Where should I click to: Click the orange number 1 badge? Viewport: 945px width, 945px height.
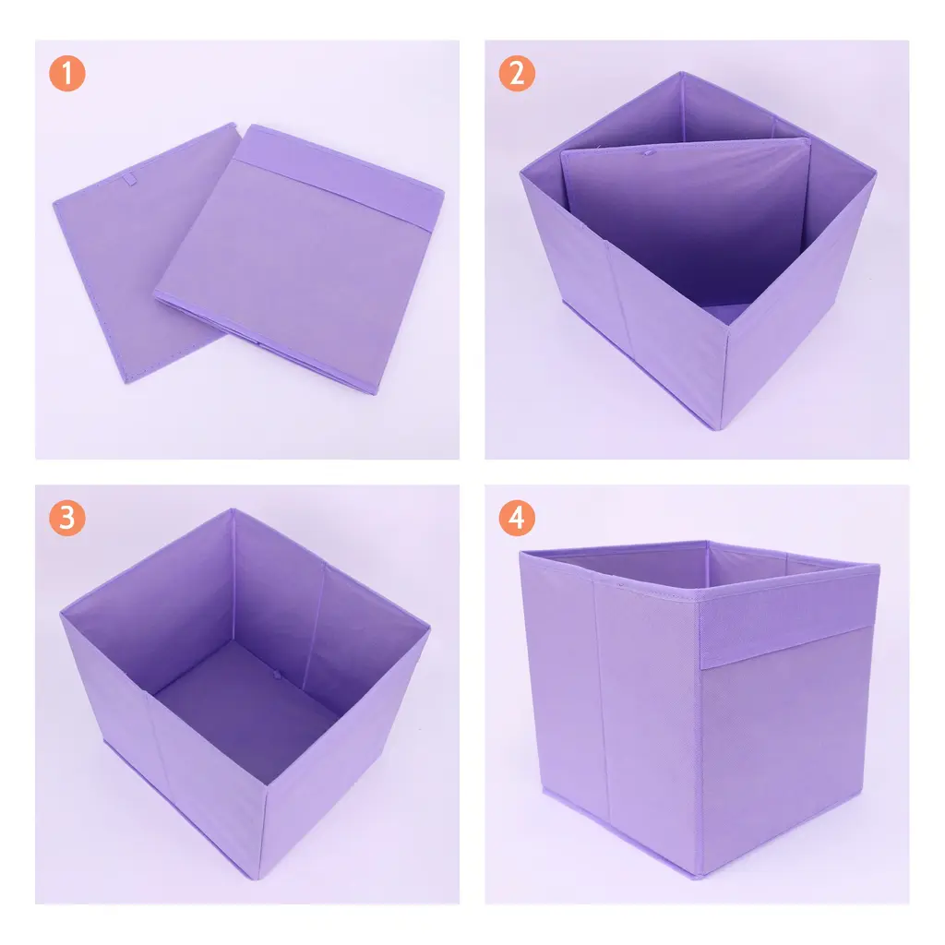pyautogui.click(x=66, y=74)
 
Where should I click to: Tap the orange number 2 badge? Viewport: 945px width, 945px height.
pyautogui.click(x=517, y=74)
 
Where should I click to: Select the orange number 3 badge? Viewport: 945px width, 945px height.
pyautogui.click(x=66, y=518)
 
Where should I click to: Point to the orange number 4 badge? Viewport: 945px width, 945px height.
pyautogui.click(x=517, y=518)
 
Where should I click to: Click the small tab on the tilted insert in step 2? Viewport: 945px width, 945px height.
pyautogui.click(x=647, y=153)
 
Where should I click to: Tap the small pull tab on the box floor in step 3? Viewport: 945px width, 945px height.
pyautogui.click(x=277, y=675)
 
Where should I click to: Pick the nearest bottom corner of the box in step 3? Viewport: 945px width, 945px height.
pyautogui.click(x=259, y=879)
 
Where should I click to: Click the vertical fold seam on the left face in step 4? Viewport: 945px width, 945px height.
pyautogui.click(x=602, y=700)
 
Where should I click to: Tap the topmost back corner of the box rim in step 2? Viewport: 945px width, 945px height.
pyautogui.click(x=682, y=73)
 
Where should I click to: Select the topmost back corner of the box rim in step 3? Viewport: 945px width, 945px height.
pyautogui.click(x=232, y=509)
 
